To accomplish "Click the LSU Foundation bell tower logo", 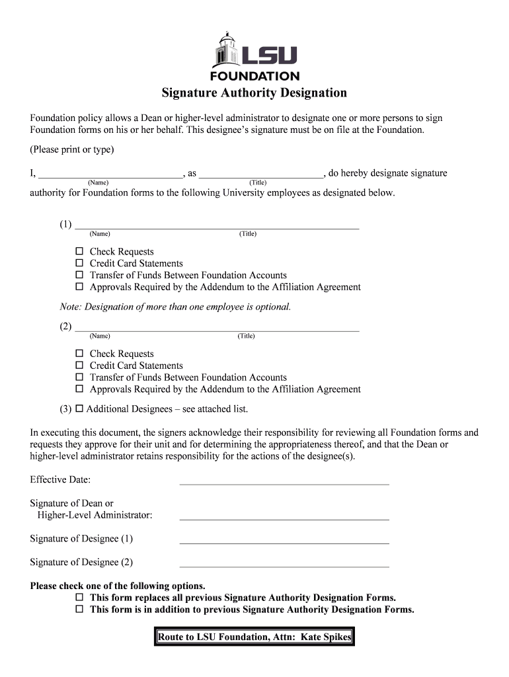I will pyautogui.click(x=225, y=50).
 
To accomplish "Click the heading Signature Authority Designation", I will pyautogui.click(x=255, y=93).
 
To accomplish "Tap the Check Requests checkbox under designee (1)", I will pyautogui.click(x=79, y=252).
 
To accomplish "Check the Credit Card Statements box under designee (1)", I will pyautogui.click(x=79, y=263).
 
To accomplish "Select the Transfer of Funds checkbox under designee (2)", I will pyautogui.click(x=79, y=378).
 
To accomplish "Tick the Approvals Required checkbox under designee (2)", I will pyautogui.click(x=79, y=389).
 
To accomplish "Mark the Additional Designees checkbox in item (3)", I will pyautogui.click(x=79, y=409).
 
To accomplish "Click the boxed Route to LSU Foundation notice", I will pyautogui.click(x=255, y=637).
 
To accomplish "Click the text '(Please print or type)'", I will pyautogui.click(x=72, y=150).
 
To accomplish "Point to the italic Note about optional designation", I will pyautogui.click(x=175, y=307).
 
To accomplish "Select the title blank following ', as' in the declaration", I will pyautogui.click(x=260, y=175).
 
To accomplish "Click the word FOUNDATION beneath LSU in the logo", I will pyautogui.click(x=255, y=76).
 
